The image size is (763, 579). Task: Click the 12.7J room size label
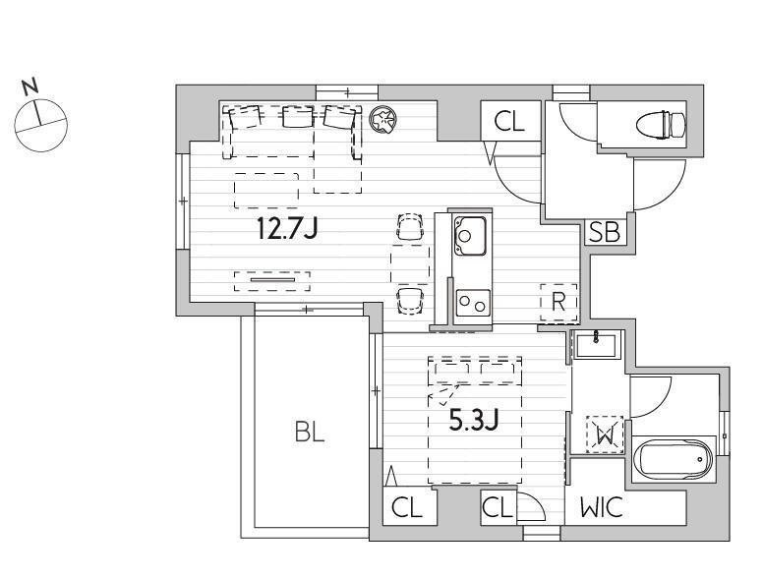(x=287, y=229)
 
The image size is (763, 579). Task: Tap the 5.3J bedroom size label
(x=474, y=420)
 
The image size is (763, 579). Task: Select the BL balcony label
(x=310, y=432)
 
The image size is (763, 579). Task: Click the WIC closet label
(x=602, y=507)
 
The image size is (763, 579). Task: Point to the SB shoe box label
(x=605, y=232)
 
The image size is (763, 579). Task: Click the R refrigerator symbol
(x=558, y=303)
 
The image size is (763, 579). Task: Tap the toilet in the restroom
(x=661, y=124)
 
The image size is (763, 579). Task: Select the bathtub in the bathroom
(x=674, y=458)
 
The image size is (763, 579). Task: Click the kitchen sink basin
(x=470, y=236)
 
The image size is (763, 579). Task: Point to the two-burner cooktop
(x=473, y=303)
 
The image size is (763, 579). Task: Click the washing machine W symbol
(x=605, y=434)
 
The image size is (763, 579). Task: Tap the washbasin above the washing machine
(x=596, y=344)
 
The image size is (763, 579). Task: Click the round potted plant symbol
(x=383, y=120)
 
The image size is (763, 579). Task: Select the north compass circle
(x=41, y=126)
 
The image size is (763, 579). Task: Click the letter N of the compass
(x=30, y=87)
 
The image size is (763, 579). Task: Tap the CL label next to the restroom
(x=509, y=122)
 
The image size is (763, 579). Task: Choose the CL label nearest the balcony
(x=406, y=508)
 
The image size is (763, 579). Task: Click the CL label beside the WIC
(x=498, y=508)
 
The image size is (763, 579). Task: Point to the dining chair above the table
(x=410, y=227)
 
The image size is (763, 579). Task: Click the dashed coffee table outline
(x=266, y=191)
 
